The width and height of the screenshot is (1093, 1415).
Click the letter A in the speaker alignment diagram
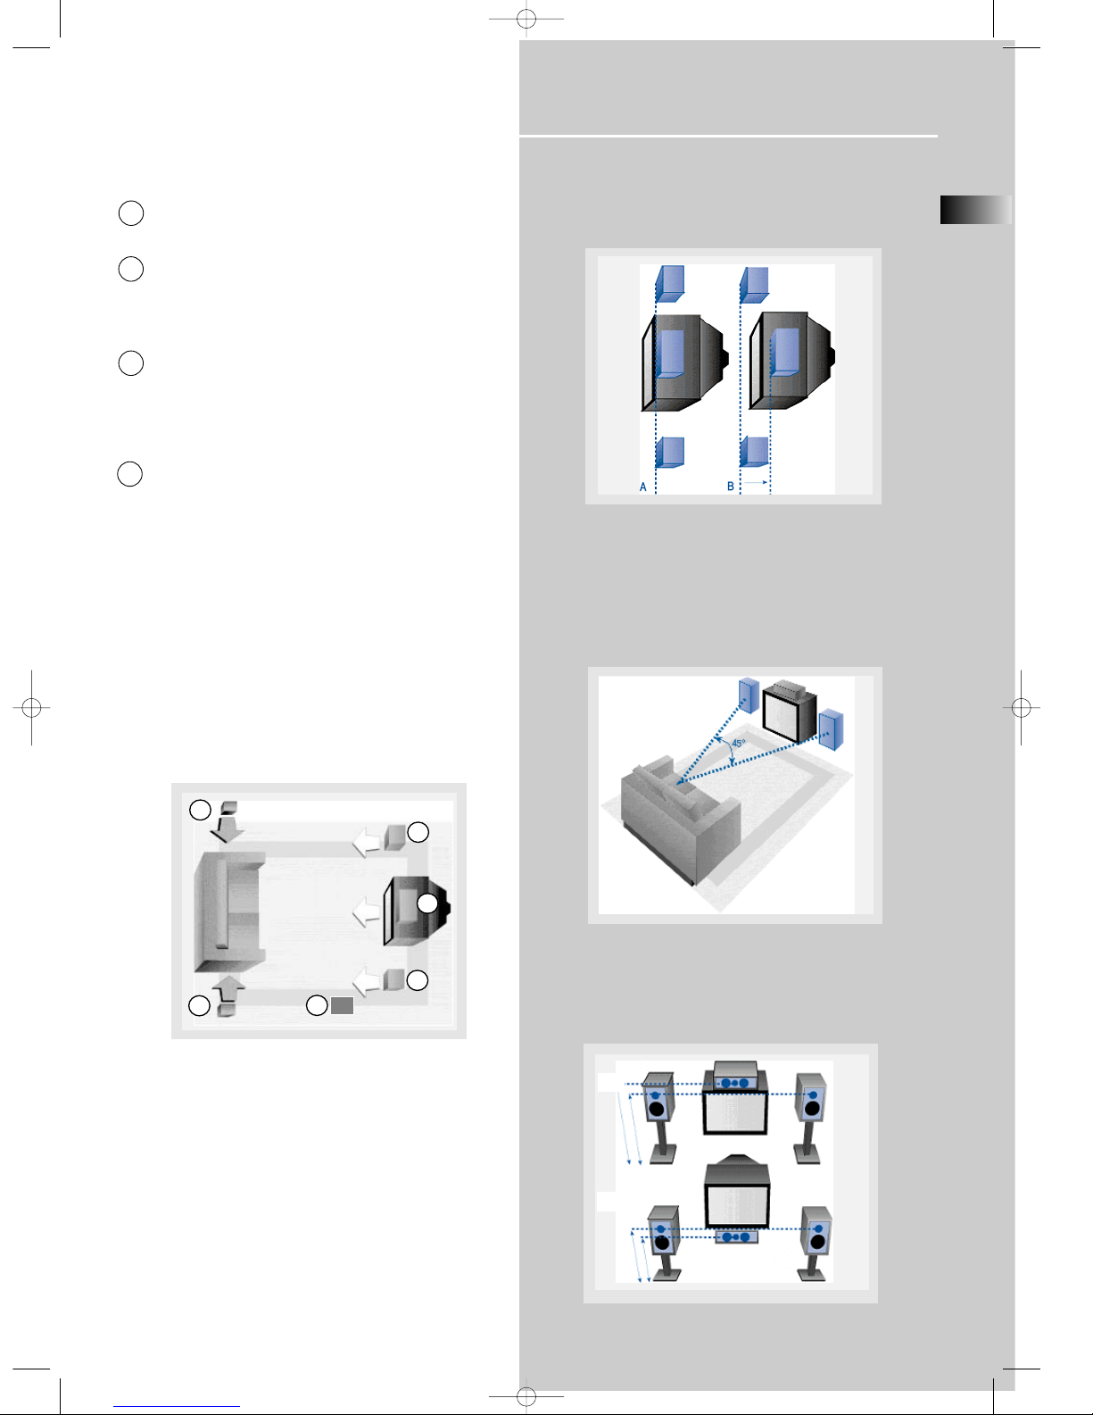pyautogui.click(x=642, y=487)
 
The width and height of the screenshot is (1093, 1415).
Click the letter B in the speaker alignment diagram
pyautogui.click(x=731, y=487)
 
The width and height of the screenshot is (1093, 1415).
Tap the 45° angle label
pyautogui.click(x=739, y=743)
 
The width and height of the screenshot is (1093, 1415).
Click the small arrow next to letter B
pyautogui.click(x=757, y=482)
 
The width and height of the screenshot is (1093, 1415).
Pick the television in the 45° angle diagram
pyautogui.click(x=789, y=712)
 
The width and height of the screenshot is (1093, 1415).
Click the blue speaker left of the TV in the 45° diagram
pyautogui.click(x=749, y=695)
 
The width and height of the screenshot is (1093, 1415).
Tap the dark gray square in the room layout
pyautogui.click(x=343, y=1005)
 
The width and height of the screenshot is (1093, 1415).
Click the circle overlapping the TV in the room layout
pyautogui.click(x=427, y=903)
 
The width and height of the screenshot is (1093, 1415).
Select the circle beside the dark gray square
pyautogui.click(x=317, y=1005)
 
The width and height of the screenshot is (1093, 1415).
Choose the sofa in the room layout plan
pyautogui.click(x=229, y=911)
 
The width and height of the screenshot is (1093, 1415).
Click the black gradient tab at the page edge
pyautogui.click(x=975, y=210)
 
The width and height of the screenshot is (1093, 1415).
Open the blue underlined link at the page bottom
pyautogui.click(x=177, y=1407)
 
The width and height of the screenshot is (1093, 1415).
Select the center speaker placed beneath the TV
pyautogui.click(x=736, y=1236)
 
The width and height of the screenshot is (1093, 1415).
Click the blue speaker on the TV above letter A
pyautogui.click(x=670, y=353)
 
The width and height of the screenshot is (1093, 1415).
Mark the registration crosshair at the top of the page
pyautogui.click(x=526, y=19)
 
